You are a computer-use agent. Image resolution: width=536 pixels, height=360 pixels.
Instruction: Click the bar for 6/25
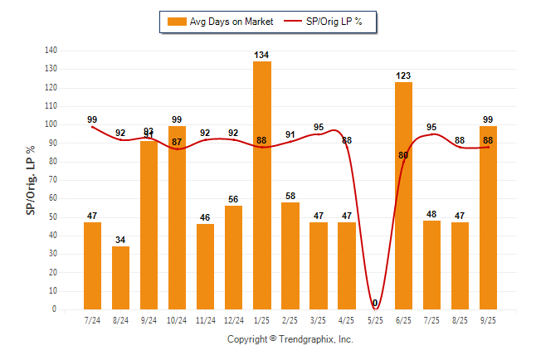[403, 196]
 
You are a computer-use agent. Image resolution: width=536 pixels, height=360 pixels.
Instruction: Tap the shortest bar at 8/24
[120, 278]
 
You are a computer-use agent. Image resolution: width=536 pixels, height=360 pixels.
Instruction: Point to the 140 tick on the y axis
[51, 51]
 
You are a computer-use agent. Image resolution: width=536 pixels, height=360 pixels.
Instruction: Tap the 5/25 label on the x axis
[375, 319]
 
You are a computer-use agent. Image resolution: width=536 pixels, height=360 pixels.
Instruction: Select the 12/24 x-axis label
[234, 319]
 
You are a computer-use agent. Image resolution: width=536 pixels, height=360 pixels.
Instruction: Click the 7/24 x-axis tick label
[93, 319]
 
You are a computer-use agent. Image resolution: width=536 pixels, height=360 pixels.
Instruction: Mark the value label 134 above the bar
[262, 56]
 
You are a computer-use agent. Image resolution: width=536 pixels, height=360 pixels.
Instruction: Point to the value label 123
[403, 75]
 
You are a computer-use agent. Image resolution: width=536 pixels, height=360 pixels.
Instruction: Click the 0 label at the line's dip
[375, 303]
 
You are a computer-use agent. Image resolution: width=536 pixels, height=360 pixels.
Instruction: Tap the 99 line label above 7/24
[92, 119]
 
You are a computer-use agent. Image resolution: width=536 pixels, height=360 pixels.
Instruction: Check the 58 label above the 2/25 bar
[290, 196]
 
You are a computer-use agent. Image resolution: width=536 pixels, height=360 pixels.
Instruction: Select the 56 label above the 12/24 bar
[234, 199]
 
